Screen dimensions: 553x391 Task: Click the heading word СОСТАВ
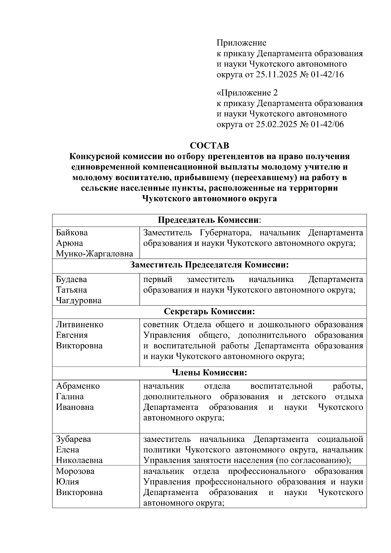point(210,145)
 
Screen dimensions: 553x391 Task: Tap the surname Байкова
point(72,233)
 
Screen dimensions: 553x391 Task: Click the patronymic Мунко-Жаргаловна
point(94,254)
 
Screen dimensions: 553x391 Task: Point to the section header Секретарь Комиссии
point(209,312)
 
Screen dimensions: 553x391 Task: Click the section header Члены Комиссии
point(209,373)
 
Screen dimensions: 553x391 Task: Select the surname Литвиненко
point(80,325)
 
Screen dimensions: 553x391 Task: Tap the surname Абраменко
point(78,386)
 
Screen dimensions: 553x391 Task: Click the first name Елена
point(67,450)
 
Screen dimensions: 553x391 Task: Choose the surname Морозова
point(75,471)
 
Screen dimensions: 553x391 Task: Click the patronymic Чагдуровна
point(79,300)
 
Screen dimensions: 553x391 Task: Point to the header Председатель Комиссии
point(209,220)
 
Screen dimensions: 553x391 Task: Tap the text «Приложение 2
point(247,93)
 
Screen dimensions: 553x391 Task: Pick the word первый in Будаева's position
point(158,279)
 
